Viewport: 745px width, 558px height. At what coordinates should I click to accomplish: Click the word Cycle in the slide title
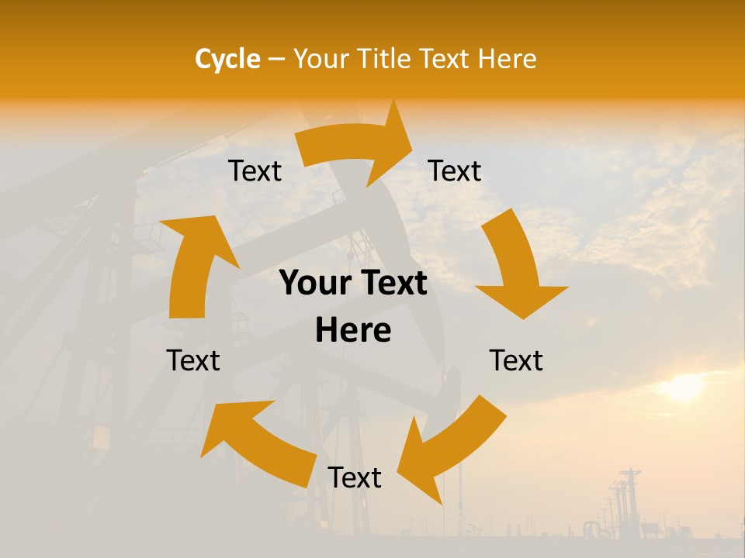coord(227,59)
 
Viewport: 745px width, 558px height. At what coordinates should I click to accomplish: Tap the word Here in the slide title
coord(508,59)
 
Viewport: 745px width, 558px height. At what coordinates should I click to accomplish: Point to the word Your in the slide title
coord(319,59)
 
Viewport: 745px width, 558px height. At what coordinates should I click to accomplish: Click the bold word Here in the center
coord(353,331)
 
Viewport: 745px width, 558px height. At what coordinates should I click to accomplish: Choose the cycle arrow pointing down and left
coord(450,449)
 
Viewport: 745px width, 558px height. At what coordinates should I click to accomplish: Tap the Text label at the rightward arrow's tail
coord(255,171)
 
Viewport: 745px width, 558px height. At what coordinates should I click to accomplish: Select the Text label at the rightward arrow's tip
coord(455,171)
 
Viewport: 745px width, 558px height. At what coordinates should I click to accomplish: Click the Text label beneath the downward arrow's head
coord(516,360)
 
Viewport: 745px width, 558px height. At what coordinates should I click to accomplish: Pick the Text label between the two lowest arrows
coord(355,478)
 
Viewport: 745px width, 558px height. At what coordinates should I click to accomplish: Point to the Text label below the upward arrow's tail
coord(193,360)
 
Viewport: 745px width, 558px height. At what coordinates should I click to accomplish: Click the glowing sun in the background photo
coord(683,387)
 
